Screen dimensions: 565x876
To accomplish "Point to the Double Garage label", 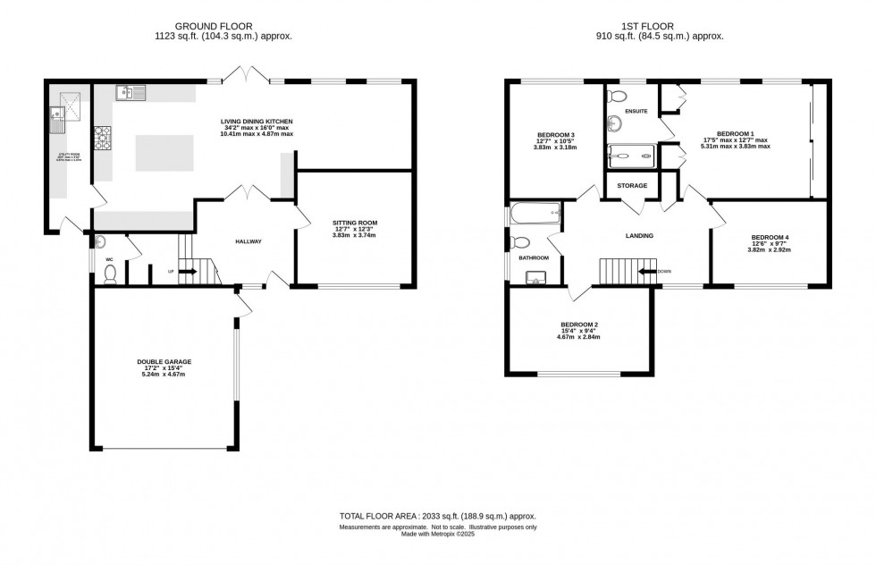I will pyautogui.click(x=164, y=362).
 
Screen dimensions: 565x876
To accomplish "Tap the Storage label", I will pyautogui.click(x=631, y=186).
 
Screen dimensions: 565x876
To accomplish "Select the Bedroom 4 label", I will pyautogui.click(x=769, y=238).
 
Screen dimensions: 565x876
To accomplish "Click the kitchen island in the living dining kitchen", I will pyautogui.click(x=164, y=152).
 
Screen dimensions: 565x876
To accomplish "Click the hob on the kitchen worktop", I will pyautogui.click(x=103, y=139).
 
